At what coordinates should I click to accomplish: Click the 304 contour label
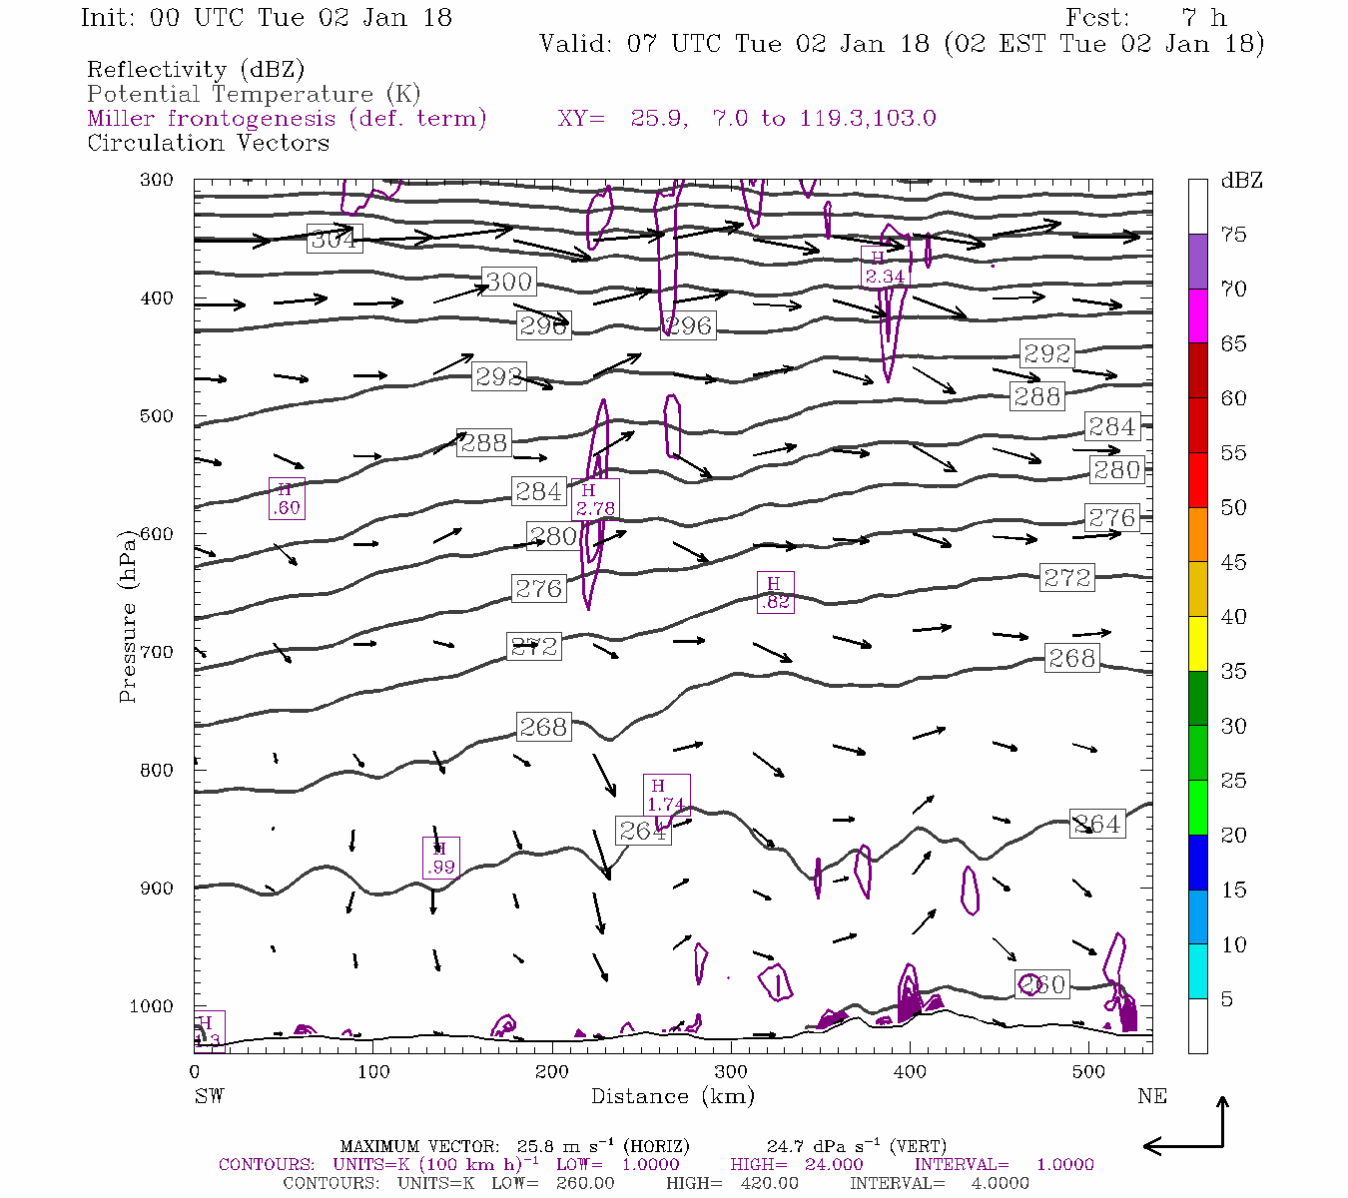pyautogui.click(x=334, y=240)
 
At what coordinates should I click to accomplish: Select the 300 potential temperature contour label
pyautogui.click(x=508, y=282)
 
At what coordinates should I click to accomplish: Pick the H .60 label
pyautogui.click(x=286, y=498)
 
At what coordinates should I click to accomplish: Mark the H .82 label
pyautogui.click(x=774, y=593)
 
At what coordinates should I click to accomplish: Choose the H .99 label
pyautogui.click(x=440, y=858)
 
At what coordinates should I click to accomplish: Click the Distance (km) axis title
pyautogui.click(x=672, y=1096)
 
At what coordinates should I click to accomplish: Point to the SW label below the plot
pyautogui.click(x=209, y=1096)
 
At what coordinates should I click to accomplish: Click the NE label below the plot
pyautogui.click(x=1151, y=1096)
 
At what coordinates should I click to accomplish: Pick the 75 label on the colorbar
pyautogui.click(x=1233, y=235)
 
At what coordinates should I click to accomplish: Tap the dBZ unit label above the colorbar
pyautogui.click(x=1241, y=181)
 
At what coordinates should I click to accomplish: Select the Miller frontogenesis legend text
pyautogui.click(x=287, y=119)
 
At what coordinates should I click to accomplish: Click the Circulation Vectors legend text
pyautogui.click(x=208, y=143)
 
